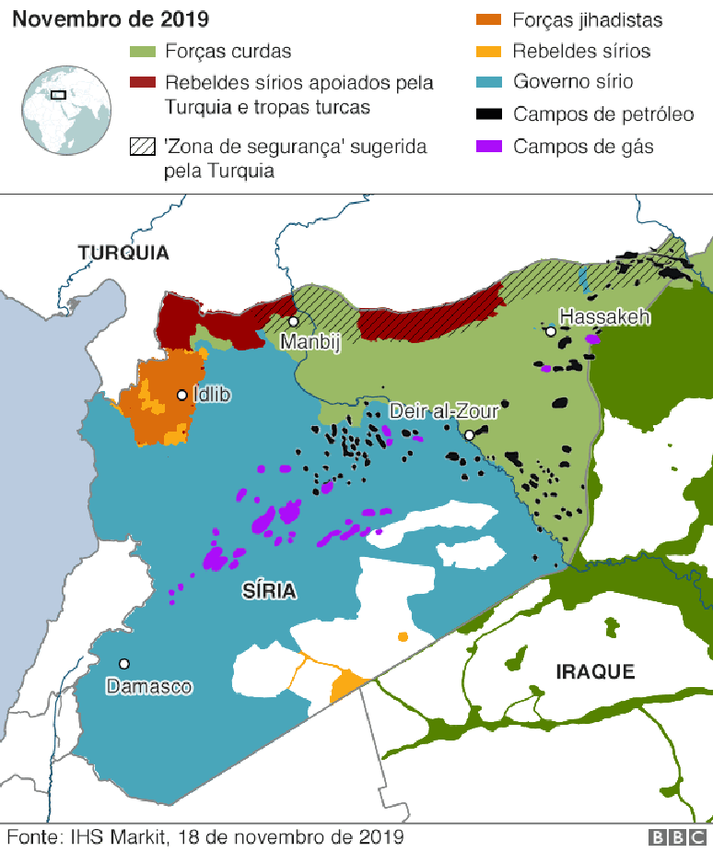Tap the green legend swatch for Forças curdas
pos(143,52)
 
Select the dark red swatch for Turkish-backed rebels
pos(143,83)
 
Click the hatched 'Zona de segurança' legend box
pos(143,147)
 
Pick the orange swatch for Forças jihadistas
pos(487,19)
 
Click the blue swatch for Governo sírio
pos(487,82)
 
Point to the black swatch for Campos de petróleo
pos(487,114)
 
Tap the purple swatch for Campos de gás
pos(487,146)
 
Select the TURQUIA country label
pos(123,253)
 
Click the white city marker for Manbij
pos(293,322)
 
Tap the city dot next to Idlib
pos(182,395)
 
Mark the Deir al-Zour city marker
pos(469,434)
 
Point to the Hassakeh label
pos(605,316)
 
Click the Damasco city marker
pos(123,663)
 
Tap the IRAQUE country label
pos(595,671)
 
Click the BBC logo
pos(678,837)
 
